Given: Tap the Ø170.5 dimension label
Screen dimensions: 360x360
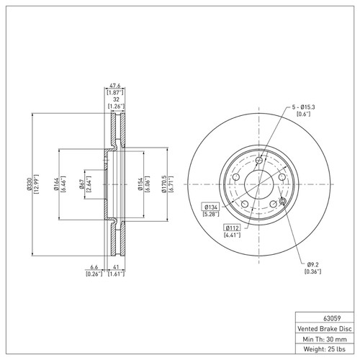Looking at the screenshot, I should pos(166,189).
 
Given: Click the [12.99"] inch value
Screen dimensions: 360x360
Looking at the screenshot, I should pos(37,189).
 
